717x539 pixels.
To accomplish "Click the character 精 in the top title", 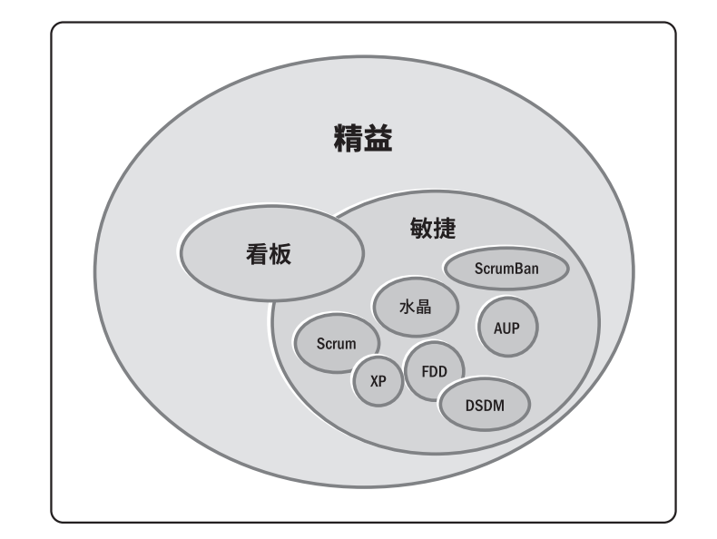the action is click(x=346, y=140).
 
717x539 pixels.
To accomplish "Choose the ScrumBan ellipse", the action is click(x=506, y=269).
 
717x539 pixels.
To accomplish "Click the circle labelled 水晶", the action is click(x=414, y=307).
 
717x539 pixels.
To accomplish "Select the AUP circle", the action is click(x=506, y=328).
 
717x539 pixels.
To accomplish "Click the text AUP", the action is click(x=506, y=328).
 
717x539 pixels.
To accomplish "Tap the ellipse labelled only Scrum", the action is click(x=336, y=344).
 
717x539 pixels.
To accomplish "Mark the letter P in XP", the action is click(x=383, y=381).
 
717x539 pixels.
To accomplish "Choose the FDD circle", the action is click(x=434, y=371).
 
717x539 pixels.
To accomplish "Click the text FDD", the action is click(x=434, y=371).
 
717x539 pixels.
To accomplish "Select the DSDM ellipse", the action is click(x=485, y=405).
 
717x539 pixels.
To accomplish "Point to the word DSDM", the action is click(x=485, y=405).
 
